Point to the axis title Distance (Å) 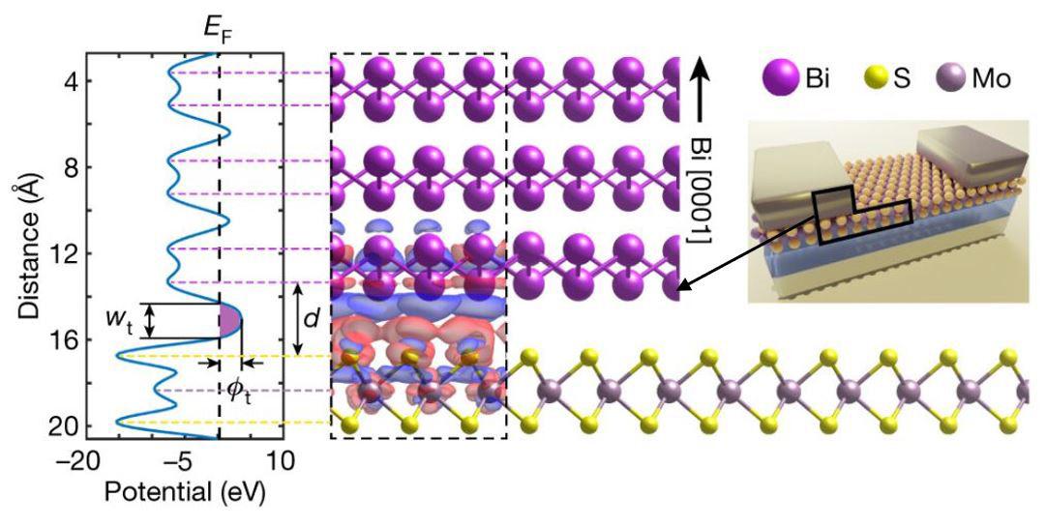tap(21, 253)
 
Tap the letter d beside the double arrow tap(311, 319)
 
